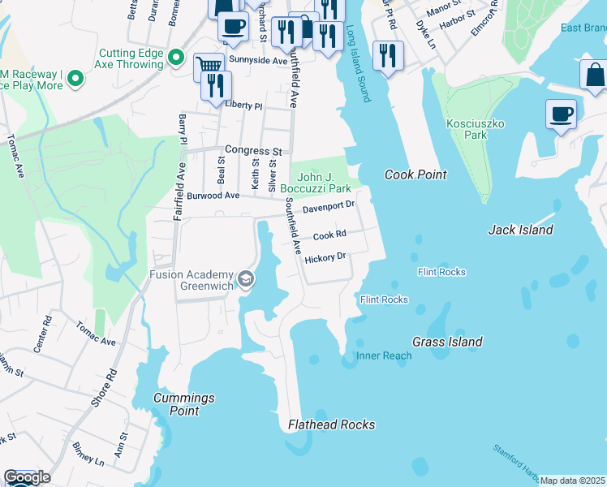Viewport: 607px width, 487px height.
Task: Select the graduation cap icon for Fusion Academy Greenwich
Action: (244, 281)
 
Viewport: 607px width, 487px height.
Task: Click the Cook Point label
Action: (415, 175)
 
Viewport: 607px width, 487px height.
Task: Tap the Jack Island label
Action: (520, 230)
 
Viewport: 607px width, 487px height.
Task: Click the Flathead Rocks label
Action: (332, 425)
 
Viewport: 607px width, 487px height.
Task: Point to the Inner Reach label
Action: (384, 356)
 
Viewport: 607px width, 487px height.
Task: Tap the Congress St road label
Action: (253, 151)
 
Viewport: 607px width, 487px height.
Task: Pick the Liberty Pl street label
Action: (243, 106)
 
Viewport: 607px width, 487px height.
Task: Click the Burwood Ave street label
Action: (213, 196)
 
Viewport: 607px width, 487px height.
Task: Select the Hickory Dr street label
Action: (325, 258)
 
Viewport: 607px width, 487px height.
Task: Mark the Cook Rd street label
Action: (329, 235)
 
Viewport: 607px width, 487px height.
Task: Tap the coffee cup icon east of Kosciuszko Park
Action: (560, 114)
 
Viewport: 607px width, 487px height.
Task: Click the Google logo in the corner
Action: (26, 477)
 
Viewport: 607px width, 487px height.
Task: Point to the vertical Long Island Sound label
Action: (358, 64)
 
